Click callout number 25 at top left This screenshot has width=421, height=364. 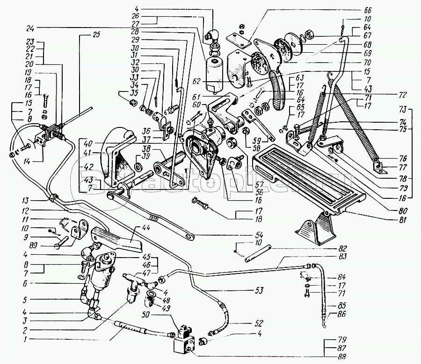(97, 34)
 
